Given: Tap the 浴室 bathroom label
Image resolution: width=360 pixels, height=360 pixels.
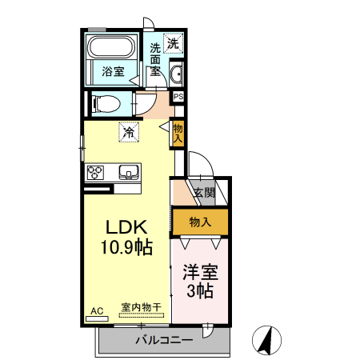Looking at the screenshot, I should click(x=113, y=72).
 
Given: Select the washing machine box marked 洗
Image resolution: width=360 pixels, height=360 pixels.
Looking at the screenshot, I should click(x=174, y=43).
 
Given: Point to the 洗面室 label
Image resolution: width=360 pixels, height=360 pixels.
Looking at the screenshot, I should click(x=155, y=58).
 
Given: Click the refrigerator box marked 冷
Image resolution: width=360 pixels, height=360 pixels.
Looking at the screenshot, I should click(x=128, y=132).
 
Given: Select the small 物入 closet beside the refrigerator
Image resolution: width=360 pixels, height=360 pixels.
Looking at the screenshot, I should click(x=177, y=132).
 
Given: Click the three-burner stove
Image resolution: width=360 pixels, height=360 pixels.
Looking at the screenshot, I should click(x=95, y=172).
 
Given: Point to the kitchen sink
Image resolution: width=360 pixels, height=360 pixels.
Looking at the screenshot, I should click(x=129, y=172).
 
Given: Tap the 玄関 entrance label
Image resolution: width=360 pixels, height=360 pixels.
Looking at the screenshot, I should click(x=204, y=192).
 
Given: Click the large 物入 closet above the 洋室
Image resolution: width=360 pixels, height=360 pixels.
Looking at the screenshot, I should click(x=201, y=221).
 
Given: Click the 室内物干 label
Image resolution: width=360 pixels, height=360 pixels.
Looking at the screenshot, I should click(x=140, y=306).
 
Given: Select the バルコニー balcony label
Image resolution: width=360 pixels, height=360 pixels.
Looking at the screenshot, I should click(x=162, y=341).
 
